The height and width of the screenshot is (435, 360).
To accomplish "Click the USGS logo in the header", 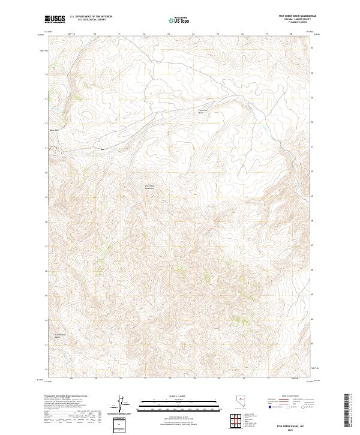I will click(x=55, y=19).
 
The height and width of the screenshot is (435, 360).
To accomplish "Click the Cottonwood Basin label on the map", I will click(x=61, y=335).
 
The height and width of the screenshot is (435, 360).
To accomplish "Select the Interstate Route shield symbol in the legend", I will click(x=269, y=407).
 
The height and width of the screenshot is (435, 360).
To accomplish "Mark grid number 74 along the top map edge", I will click(x=194, y=35).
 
